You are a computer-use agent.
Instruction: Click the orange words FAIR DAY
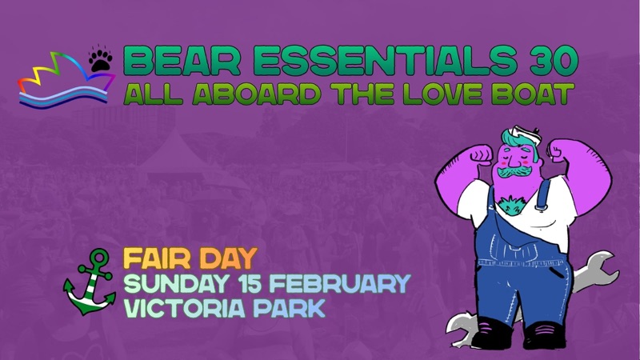pyautogui.click(x=189, y=258)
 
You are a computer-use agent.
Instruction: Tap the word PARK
pyautogui.click(x=292, y=308)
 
